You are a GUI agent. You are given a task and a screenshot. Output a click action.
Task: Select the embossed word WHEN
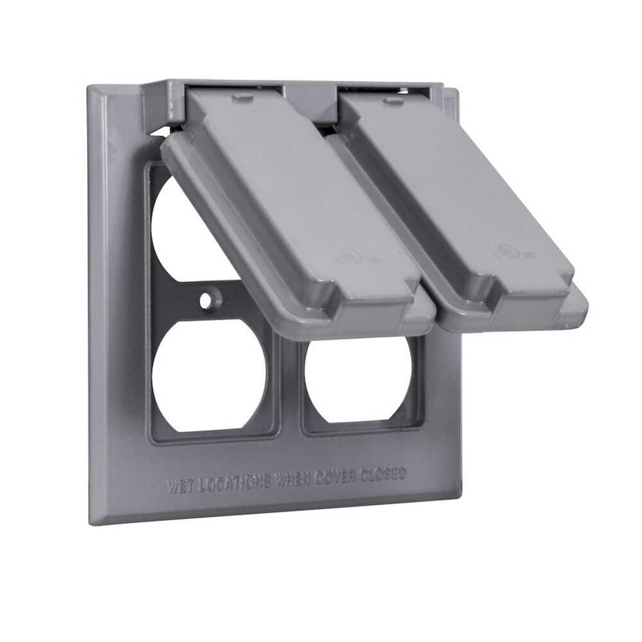tap(294, 480)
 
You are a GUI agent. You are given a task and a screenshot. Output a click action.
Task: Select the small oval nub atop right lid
tap(393, 100)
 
